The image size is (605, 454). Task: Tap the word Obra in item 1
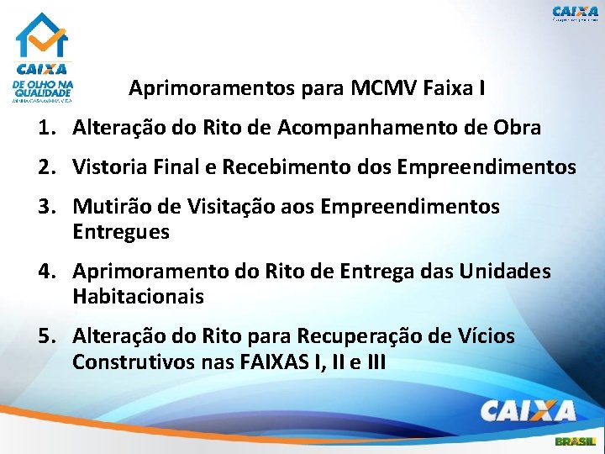click(518, 129)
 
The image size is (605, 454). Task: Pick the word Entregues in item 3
click(121, 232)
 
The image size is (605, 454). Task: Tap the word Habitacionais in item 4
click(138, 297)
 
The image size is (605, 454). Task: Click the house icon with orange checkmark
click(42, 35)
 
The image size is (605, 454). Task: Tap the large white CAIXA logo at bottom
click(528, 410)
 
